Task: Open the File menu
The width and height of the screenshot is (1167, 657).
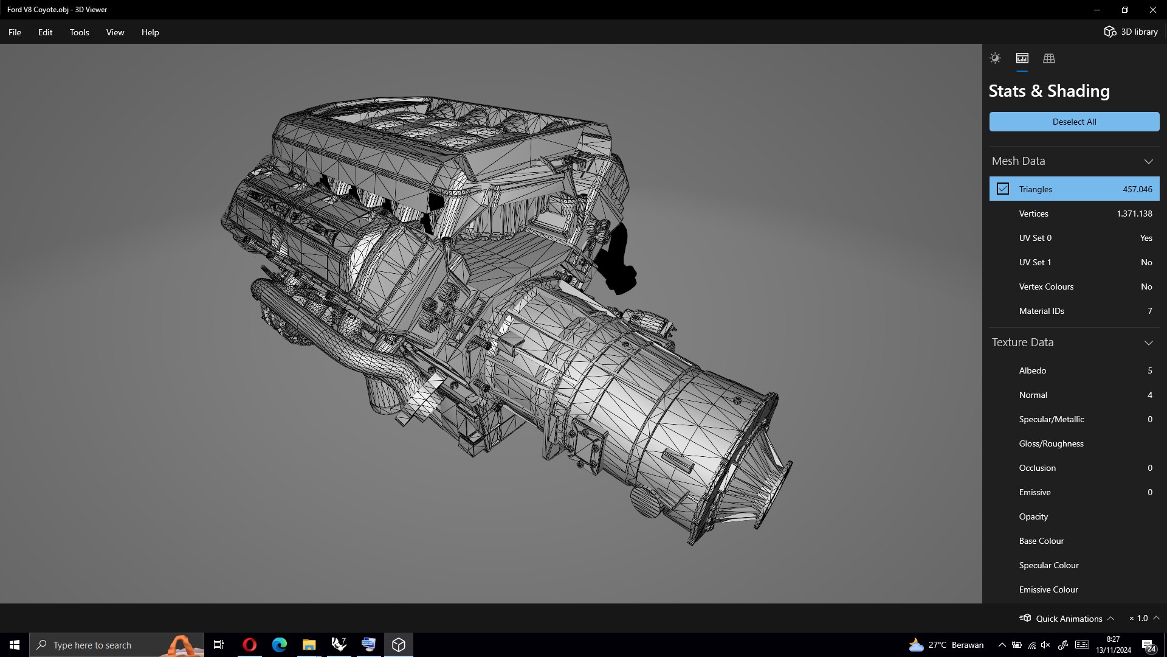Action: point(15,32)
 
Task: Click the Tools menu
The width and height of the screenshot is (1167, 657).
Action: point(79,32)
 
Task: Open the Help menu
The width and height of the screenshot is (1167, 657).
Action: point(150,32)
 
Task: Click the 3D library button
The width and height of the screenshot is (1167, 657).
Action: point(1131,32)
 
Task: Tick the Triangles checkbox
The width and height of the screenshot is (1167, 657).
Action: point(1003,189)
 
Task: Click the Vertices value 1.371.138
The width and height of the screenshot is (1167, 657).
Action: point(1134,214)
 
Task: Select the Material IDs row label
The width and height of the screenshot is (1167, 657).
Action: point(1041,311)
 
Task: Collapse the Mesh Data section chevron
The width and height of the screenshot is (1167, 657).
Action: point(1148,161)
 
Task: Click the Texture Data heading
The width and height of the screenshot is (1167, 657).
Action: point(1022,342)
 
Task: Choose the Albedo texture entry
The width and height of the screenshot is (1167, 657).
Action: point(1032,370)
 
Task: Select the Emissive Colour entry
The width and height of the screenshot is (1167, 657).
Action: point(1048,589)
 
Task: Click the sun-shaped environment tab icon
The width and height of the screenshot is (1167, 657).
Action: point(995,58)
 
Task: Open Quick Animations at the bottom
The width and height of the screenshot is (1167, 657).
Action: point(1068,619)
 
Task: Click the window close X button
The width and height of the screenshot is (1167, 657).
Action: point(1152,10)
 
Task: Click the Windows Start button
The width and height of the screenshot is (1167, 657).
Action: point(15,645)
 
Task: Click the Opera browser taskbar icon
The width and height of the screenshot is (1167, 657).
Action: point(249,645)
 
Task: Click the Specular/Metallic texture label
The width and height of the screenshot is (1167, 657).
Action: point(1051,419)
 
